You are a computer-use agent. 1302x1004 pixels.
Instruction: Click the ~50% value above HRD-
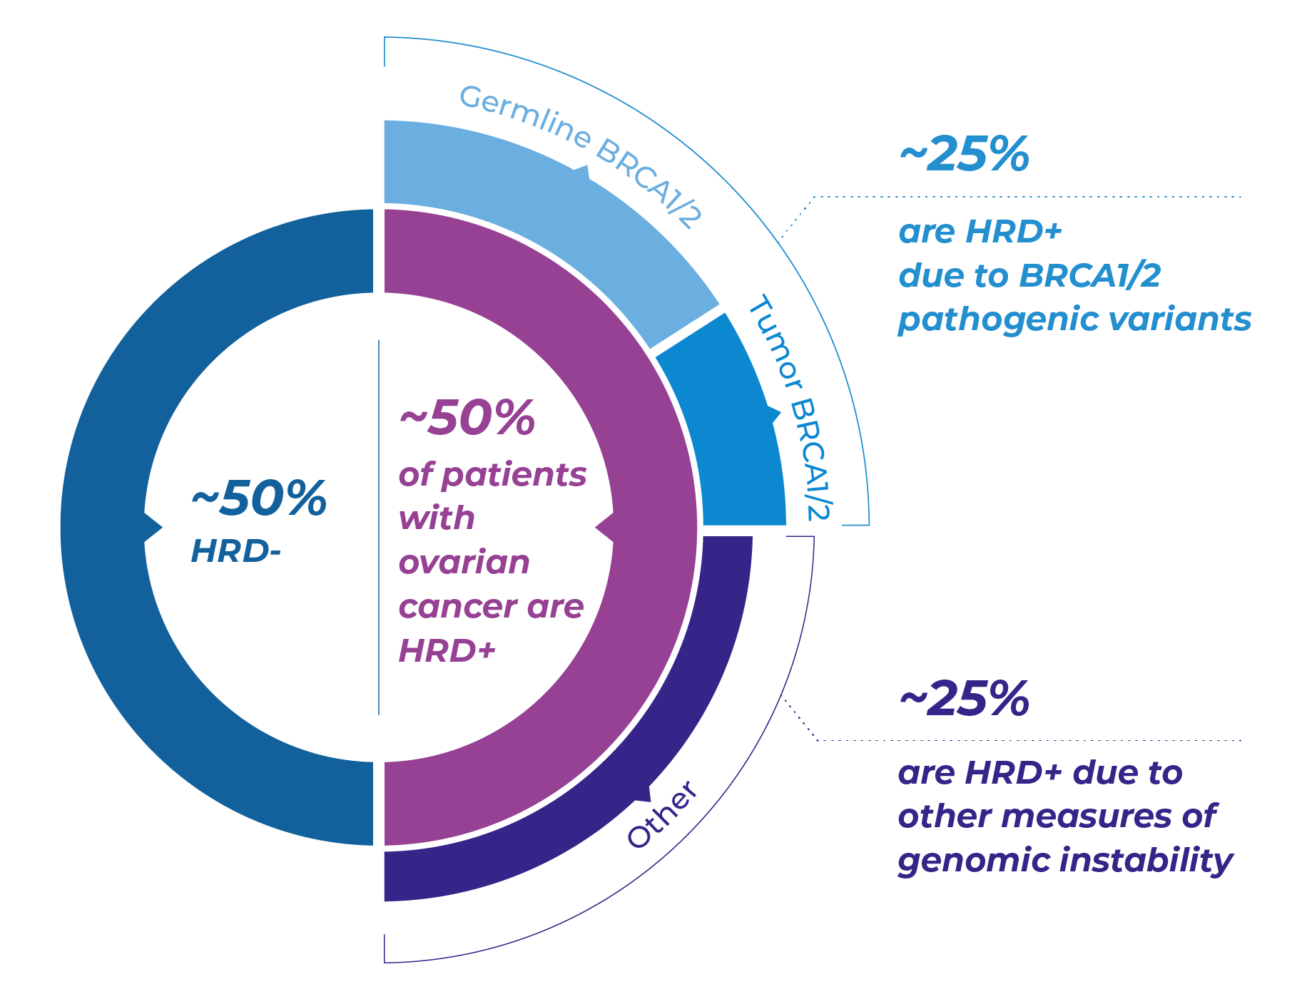click(259, 498)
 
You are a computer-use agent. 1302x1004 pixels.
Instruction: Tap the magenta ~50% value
click(467, 419)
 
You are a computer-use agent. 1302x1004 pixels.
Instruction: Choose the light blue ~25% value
click(964, 155)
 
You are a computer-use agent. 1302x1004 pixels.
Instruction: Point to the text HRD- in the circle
click(235, 551)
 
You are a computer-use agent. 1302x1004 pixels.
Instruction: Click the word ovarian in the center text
click(464, 563)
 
